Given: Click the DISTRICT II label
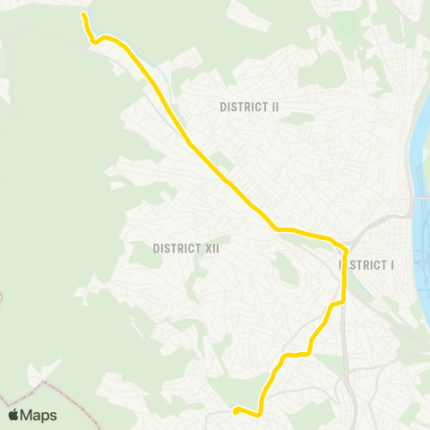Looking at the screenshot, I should [x=250, y=107].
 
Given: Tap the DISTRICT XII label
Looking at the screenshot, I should [x=186, y=247].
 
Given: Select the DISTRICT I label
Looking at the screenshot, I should [x=367, y=265].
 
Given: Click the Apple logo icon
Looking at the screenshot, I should [x=13, y=415].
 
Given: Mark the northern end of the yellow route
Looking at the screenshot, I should [x=84, y=15].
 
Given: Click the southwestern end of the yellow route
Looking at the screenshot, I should [x=236, y=411].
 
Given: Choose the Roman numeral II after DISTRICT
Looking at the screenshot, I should [x=275, y=107].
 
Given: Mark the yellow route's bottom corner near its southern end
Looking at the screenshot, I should [x=259, y=414].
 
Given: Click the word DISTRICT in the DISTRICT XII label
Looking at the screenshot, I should [x=175, y=247].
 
